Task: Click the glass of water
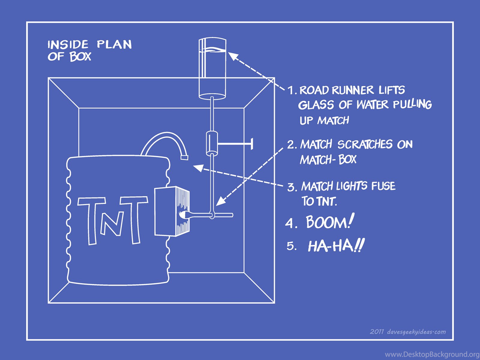tap(212, 68)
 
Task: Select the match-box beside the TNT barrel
tap(172, 211)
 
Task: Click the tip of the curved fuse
tap(184, 157)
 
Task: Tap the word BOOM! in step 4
tap(328, 222)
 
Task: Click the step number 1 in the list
tap(291, 90)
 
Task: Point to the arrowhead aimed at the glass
tap(232, 57)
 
